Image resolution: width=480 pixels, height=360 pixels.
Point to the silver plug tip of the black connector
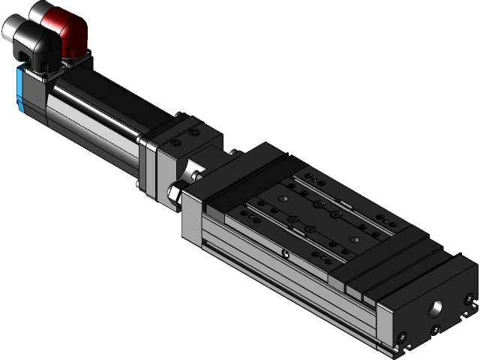point(13,28)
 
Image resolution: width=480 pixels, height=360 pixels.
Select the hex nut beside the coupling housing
point(173,193)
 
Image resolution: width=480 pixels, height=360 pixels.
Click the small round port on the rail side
point(286,254)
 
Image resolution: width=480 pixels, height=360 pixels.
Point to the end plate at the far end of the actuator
point(427,315)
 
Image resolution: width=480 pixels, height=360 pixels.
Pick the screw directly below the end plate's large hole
point(436,329)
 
